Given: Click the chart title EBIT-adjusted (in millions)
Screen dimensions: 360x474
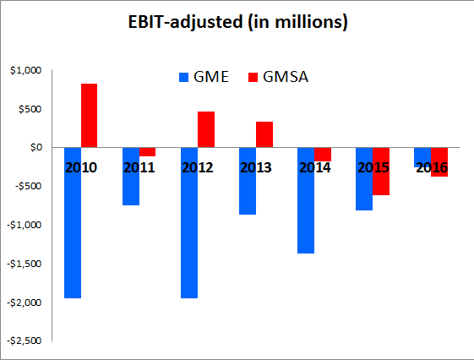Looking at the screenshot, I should (237, 24).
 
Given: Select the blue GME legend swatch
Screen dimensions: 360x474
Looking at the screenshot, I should (184, 78).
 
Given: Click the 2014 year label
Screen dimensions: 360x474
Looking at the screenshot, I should (314, 167).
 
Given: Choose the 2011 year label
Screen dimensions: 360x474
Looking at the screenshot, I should (139, 167).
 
